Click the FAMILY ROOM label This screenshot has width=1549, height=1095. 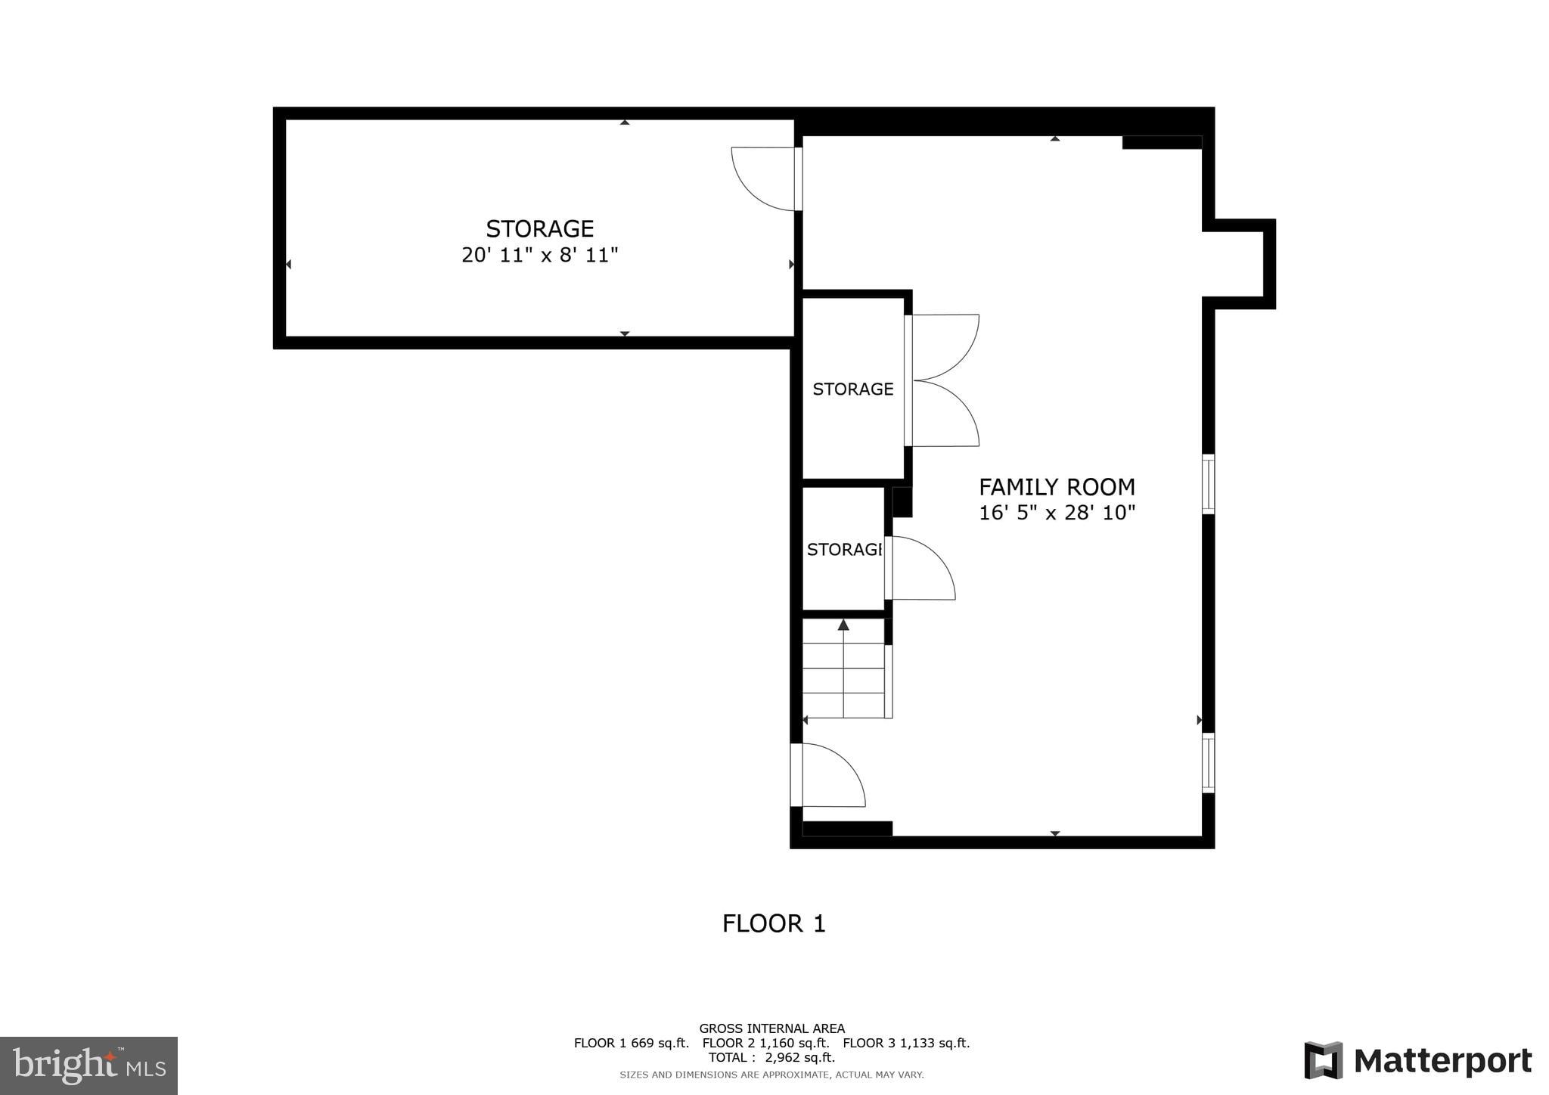click(x=1057, y=486)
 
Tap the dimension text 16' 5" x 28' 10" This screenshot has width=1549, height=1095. click(x=1057, y=513)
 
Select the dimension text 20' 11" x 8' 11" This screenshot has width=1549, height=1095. click(x=539, y=255)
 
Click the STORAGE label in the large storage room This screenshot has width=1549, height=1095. click(x=539, y=228)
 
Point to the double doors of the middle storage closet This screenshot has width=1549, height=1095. click(x=942, y=380)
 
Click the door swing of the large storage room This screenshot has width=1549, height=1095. click(x=762, y=178)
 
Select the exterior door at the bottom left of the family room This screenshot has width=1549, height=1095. click(x=828, y=775)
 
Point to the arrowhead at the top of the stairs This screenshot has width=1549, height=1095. click(x=843, y=625)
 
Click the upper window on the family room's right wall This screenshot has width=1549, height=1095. click(x=1208, y=484)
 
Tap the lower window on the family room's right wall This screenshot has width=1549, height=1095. click(x=1208, y=762)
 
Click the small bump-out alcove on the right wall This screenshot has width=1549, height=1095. click(x=1237, y=264)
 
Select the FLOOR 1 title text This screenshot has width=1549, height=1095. click(x=773, y=923)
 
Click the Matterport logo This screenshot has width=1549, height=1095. click(x=1417, y=1060)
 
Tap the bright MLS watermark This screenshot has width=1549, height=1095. click(x=88, y=1066)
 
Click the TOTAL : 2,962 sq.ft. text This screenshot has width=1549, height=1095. click(x=771, y=1057)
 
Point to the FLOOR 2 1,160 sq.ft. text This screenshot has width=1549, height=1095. click(x=765, y=1043)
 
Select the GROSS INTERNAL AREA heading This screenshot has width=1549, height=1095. click(x=771, y=1028)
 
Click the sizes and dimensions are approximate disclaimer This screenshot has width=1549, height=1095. click(x=771, y=1075)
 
